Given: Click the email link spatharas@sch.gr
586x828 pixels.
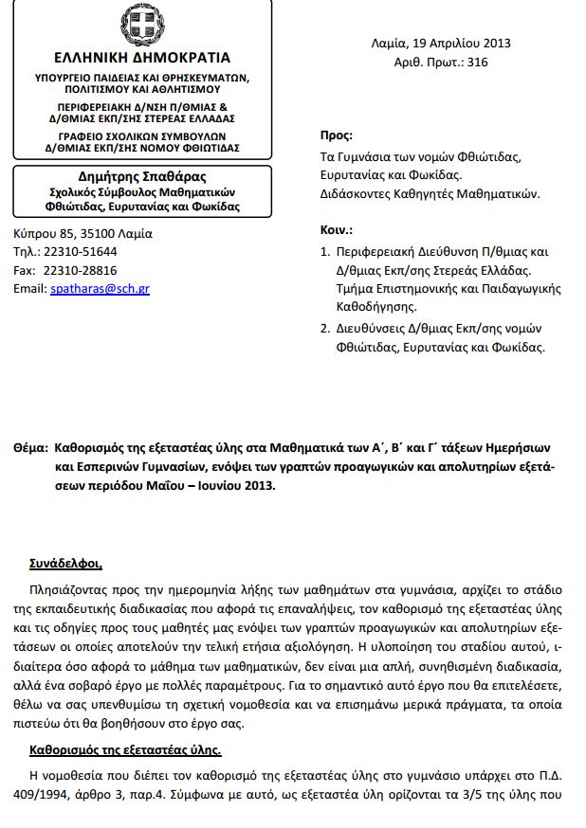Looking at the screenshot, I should (x=100, y=288).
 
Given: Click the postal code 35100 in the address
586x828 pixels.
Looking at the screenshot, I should (x=80, y=233).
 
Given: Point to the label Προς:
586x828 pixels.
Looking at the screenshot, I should (x=337, y=135).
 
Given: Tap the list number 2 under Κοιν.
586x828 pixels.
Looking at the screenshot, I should (x=324, y=327).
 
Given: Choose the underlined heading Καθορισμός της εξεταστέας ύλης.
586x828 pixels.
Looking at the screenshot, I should (x=125, y=749).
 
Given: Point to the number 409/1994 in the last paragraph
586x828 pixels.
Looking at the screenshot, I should (x=46, y=793).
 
